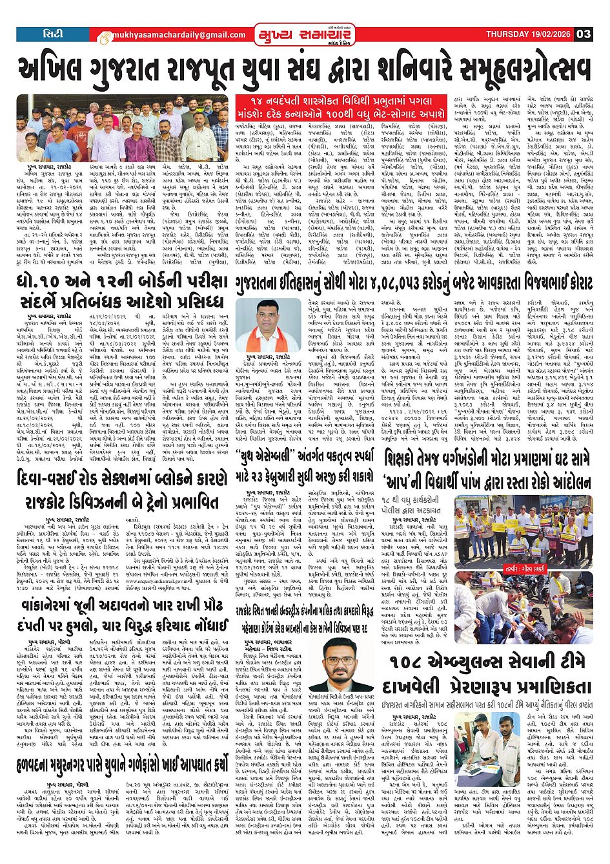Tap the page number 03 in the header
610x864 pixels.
(583, 34)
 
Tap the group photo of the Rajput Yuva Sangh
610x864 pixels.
(123, 129)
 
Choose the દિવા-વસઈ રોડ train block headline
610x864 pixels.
(123, 492)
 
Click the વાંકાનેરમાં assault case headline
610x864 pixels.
(123, 618)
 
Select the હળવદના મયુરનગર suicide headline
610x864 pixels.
(123, 764)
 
